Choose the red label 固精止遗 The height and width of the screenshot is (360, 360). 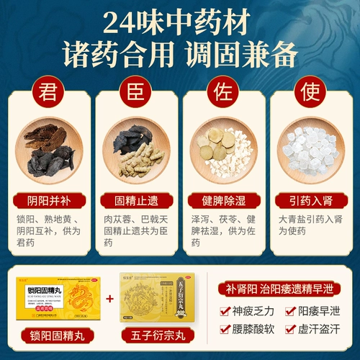(136, 196)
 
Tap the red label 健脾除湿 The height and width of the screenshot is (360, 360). (223, 196)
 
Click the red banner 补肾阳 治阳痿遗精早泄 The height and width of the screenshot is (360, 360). (283, 292)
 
